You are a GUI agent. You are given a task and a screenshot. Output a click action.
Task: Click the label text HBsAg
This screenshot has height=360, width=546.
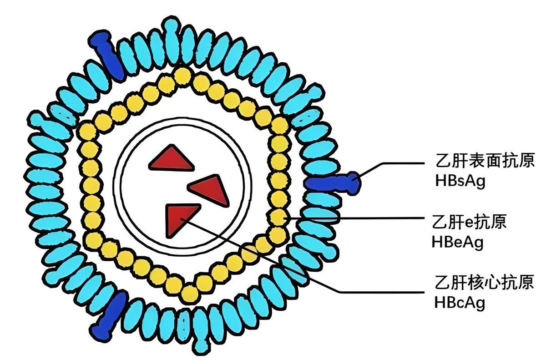[460, 181]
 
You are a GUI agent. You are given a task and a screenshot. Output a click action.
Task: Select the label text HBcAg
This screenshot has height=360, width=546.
[460, 303]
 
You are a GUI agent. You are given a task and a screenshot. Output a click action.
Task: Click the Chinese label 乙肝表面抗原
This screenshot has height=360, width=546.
[485, 161]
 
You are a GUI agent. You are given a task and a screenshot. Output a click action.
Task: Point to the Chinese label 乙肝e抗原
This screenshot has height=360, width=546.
[469, 222]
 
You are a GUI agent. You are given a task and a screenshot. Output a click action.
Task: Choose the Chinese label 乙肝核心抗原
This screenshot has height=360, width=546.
[484, 282]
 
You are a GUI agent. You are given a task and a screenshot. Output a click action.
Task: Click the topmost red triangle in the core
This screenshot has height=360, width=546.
[172, 160]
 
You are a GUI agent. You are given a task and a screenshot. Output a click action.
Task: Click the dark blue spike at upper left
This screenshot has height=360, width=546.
[108, 54]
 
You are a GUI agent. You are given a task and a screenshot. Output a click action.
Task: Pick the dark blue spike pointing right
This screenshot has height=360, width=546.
[333, 183]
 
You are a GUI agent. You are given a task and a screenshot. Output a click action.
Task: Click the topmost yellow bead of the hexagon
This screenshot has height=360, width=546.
[182, 76]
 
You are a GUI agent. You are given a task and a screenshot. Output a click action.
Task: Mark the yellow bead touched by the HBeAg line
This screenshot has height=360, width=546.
[279, 218]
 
